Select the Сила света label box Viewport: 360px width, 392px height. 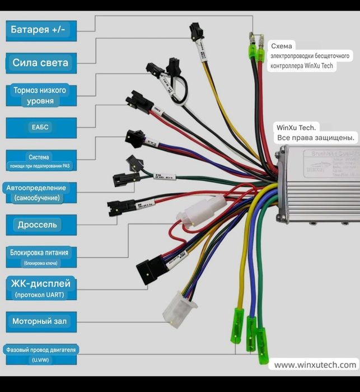(40, 62)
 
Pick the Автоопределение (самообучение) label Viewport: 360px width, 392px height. (38, 192)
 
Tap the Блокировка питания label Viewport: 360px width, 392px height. (40, 256)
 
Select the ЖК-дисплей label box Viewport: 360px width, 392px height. (40, 288)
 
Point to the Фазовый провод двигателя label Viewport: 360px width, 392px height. (40, 353)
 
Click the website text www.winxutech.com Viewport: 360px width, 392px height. (315, 365)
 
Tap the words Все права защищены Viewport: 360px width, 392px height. (316, 138)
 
